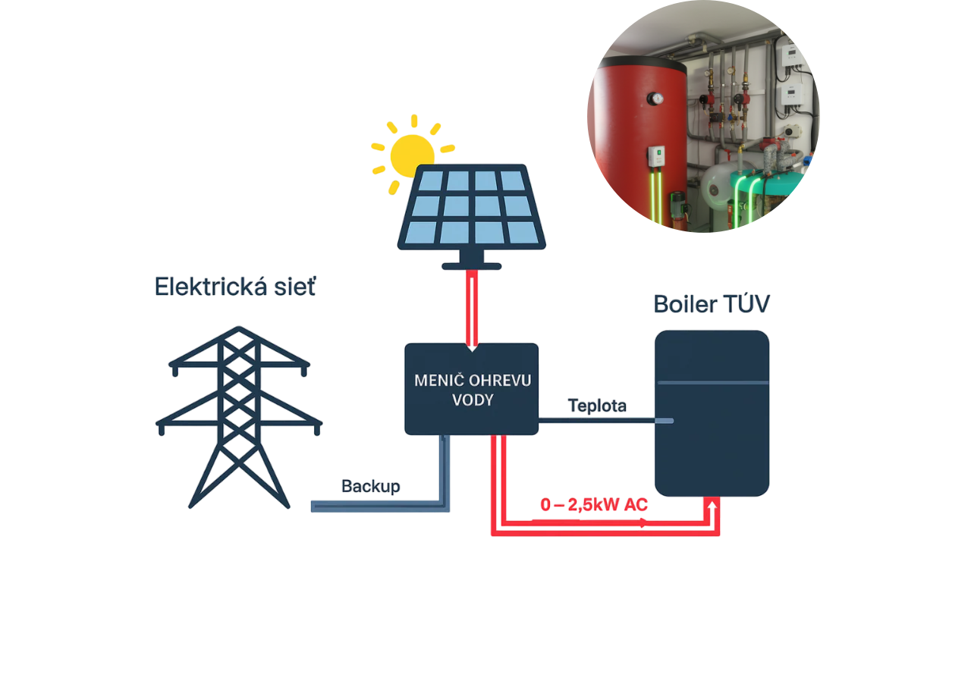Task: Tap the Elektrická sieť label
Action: [x=235, y=287]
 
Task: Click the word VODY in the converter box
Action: [x=472, y=400]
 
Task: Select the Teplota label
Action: [x=598, y=406]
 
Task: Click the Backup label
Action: [x=370, y=486]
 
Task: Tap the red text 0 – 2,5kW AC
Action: [x=592, y=505]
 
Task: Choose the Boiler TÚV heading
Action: [x=712, y=305]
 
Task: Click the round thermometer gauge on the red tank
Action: [x=655, y=99]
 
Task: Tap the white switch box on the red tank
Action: [x=655, y=157]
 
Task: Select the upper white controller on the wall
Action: [x=790, y=53]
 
